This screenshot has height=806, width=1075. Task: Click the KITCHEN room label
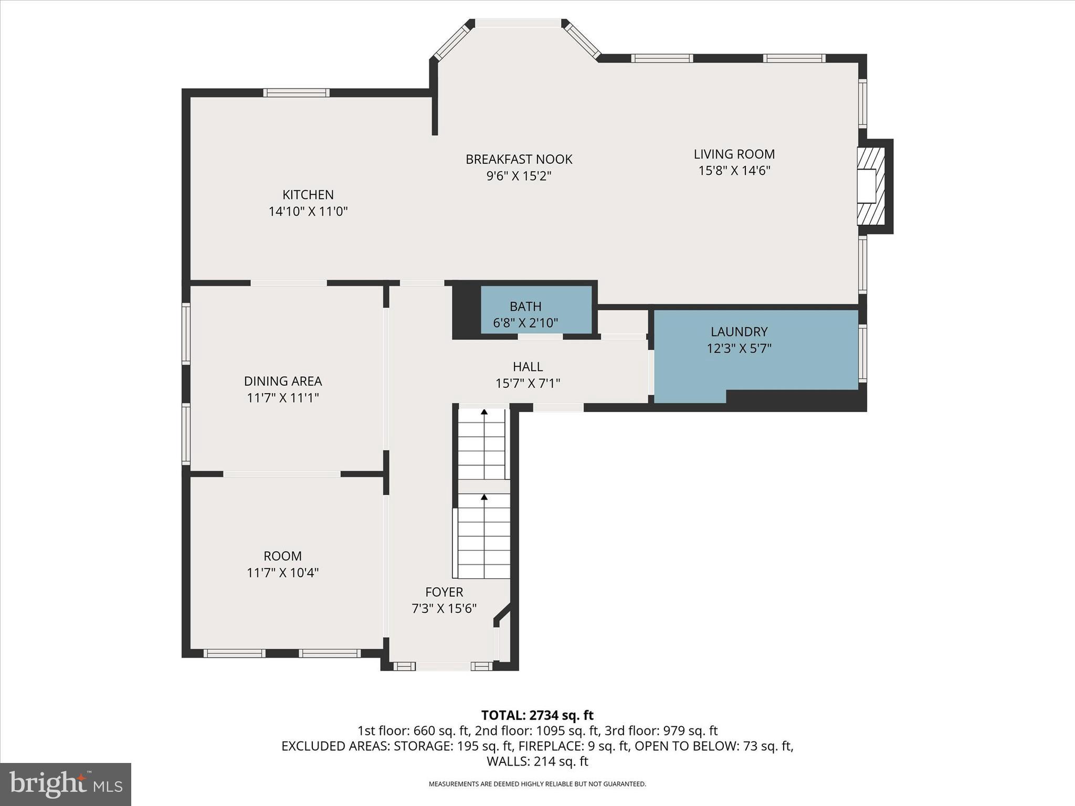coord(308,195)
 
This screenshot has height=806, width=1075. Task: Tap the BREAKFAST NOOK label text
coord(519,159)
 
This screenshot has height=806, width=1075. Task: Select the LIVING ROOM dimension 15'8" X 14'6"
coord(734,171)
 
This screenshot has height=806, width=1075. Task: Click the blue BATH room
coord(535,310)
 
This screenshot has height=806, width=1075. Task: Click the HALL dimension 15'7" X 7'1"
coord(528,384)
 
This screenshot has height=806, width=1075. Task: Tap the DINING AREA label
coord(282,381)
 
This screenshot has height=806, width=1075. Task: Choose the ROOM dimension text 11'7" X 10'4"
coord(282,572)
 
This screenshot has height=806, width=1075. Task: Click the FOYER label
coord(444,592)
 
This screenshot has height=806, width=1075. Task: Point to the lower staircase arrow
coord(484,497)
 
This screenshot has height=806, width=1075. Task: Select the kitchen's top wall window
coord(297,93)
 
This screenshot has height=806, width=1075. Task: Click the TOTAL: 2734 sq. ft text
coord(537,715)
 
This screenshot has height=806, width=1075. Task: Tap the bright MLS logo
coord(66,784)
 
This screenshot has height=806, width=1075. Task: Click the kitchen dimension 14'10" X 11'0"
coord(308,211)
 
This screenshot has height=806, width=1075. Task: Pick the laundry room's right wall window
coord(862,353)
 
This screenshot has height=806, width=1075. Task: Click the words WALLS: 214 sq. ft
coord(537,761)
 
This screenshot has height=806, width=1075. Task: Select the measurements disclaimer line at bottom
coord(537,784)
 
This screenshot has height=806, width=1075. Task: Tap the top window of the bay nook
coord(518,23)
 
